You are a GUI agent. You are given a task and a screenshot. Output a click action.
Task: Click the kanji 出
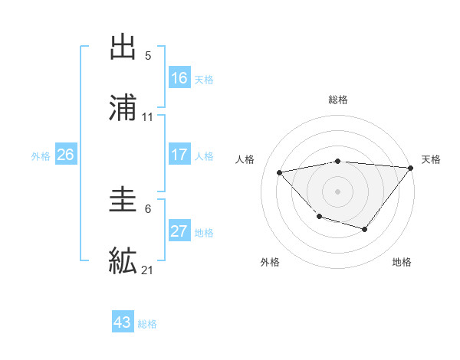tap(123, 47)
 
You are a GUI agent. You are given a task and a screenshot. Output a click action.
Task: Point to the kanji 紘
tap(123, 260)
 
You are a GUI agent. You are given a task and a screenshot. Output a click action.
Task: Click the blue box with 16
tap(179, 77)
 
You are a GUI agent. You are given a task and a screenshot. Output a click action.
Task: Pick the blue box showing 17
tap(179, 155)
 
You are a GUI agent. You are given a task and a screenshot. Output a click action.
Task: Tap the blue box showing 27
tap(179, 231)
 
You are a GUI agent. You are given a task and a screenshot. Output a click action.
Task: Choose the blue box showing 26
tap(65, 155)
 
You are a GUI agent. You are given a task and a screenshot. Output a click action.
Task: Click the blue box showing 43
tap(123, 322)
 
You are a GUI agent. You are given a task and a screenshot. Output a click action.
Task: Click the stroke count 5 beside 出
tap(148, 56)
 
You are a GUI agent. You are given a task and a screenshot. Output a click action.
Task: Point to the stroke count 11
tap(148, 117)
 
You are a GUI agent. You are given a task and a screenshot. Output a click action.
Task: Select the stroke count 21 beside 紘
tap(148, 270)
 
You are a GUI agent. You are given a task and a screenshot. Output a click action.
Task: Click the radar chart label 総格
tap(337, 100)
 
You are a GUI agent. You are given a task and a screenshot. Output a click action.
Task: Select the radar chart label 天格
tap(431, 159)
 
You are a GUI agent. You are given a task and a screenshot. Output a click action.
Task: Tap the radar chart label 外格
tap(270, 262)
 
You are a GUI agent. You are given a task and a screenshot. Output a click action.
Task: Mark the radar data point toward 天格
tap(411, 167)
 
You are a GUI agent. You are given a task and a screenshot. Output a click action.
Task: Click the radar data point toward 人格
tap(280, 172)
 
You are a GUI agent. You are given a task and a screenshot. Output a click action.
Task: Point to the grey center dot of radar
tap(337, 191)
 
